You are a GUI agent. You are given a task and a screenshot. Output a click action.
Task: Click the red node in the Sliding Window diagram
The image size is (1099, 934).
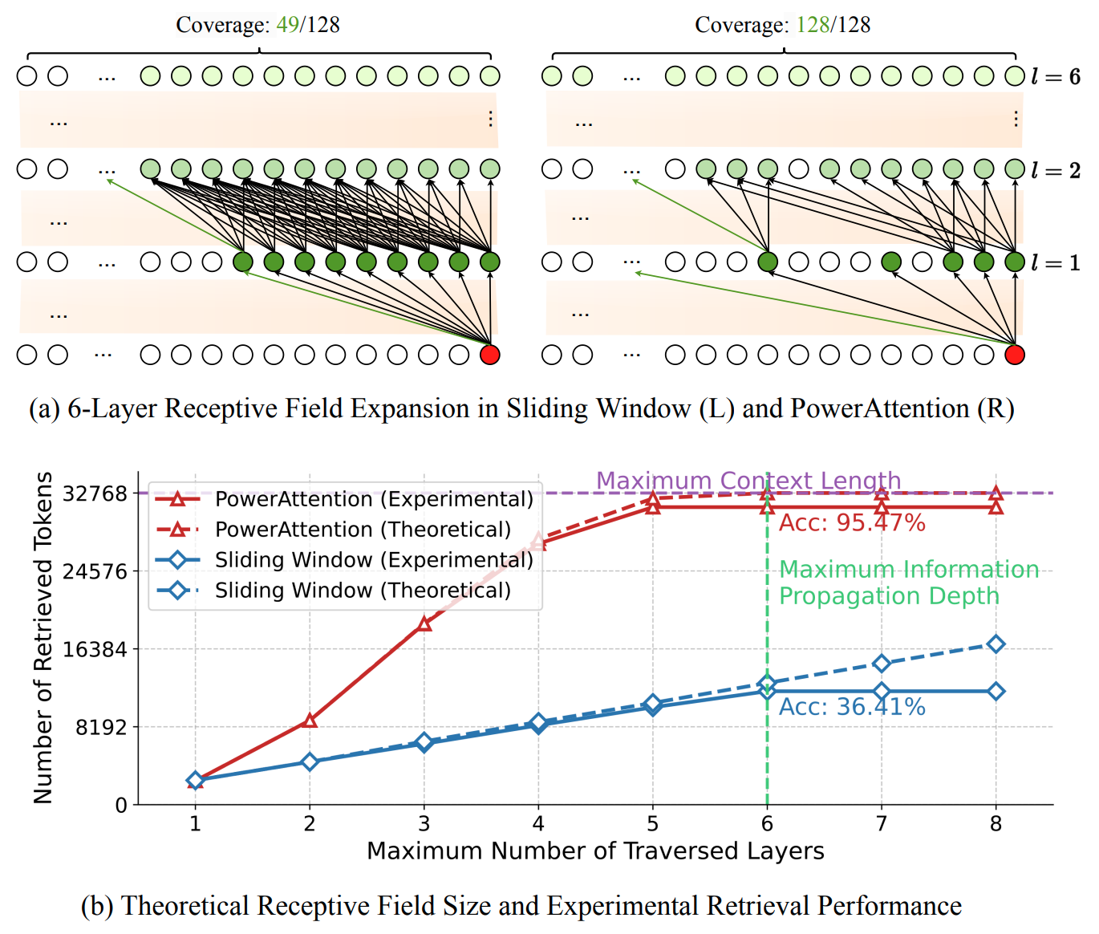(489, 355)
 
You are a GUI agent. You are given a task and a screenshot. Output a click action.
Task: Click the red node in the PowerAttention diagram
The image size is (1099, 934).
(1015, 355)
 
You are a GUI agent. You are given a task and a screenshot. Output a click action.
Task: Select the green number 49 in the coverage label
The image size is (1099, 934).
(287, 25)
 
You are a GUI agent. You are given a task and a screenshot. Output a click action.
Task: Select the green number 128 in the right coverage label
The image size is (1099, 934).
(813, 25)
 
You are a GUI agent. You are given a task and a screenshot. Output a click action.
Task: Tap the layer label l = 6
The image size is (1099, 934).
(1056, 77)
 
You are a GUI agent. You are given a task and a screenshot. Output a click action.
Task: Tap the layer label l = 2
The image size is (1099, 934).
(1056, 170)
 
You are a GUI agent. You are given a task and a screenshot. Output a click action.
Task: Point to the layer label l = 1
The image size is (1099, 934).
(1056, 263)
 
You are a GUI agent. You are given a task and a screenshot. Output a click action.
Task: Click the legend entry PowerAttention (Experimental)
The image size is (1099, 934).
(374, 499)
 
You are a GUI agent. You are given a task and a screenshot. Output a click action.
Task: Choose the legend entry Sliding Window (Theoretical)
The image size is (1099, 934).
(363, 591)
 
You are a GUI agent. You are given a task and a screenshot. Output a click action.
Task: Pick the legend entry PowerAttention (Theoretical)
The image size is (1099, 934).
(363, 530)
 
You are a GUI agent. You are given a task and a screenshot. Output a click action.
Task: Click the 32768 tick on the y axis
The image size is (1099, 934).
(95, 493)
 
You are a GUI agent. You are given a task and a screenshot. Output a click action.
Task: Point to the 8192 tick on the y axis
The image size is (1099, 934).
(101, 727)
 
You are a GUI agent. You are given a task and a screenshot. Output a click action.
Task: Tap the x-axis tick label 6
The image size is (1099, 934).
(767, 824)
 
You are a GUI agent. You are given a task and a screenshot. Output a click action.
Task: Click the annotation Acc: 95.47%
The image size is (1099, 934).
(852, 523)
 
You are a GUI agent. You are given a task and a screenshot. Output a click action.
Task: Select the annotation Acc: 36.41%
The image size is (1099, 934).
(852, 707)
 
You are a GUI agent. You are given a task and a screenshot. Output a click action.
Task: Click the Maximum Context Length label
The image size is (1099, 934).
(748, 481)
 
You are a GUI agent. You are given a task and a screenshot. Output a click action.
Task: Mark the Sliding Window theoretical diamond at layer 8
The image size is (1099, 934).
(996, 644)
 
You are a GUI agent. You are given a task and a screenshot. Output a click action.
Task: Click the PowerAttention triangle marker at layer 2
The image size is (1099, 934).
(310, 721)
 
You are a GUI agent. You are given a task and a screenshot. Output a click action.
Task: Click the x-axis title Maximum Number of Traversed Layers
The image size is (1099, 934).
(595, 851)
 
